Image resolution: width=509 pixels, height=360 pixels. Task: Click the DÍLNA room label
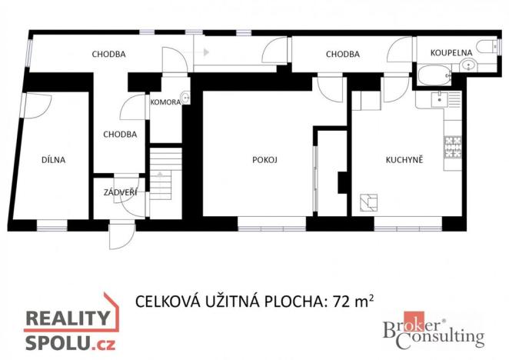(54, 160)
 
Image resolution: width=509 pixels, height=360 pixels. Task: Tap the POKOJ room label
(264, 160)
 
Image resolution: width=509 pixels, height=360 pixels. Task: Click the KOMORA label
(165, 102)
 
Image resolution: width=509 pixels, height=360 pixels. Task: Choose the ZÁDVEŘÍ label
(120, 192)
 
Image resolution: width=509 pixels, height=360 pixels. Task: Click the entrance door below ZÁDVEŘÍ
(121, 235)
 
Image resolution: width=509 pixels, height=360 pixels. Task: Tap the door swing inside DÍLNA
(35, 105)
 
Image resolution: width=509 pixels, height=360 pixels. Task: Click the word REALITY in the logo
(68, 319)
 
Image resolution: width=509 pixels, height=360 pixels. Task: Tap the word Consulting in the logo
(449, 336)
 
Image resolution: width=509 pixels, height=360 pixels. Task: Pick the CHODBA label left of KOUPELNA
(343, 54)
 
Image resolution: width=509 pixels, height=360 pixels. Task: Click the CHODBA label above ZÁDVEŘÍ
(120, 134)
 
